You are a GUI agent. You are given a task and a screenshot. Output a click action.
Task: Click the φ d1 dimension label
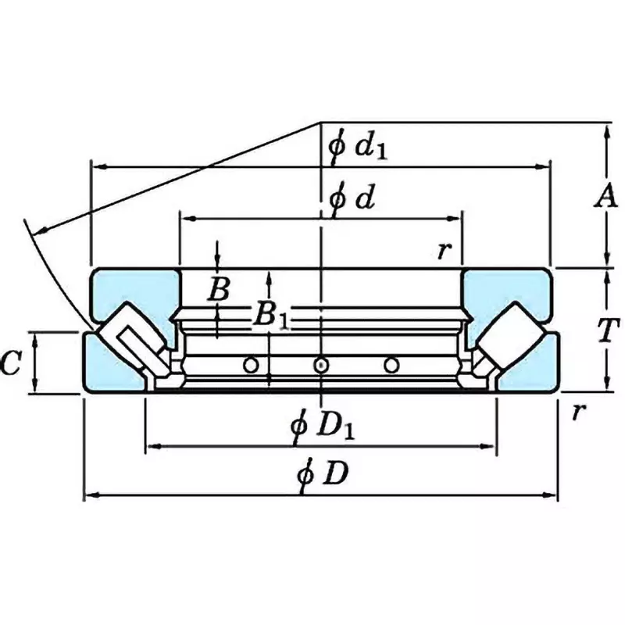pos(358,147)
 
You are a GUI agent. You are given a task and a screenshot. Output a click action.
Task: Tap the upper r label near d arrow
pos(445,251)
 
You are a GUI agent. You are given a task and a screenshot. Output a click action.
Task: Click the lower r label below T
pos(577,412)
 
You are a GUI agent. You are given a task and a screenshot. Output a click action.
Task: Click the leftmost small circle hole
pos(251,365)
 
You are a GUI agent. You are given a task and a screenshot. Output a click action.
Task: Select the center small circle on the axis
pos(320,365)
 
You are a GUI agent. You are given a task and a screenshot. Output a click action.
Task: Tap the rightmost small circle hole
pos(391,365)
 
